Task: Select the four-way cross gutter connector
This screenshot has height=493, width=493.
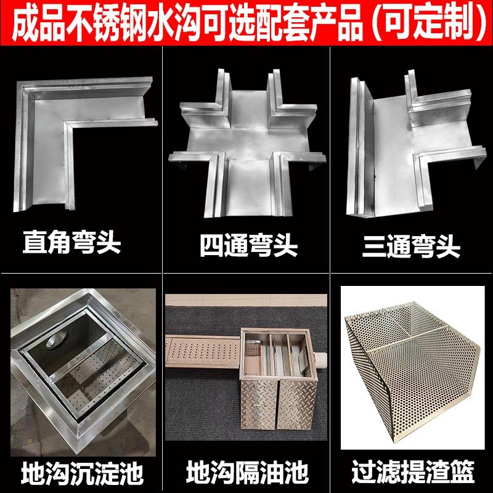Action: pos(246,142)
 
